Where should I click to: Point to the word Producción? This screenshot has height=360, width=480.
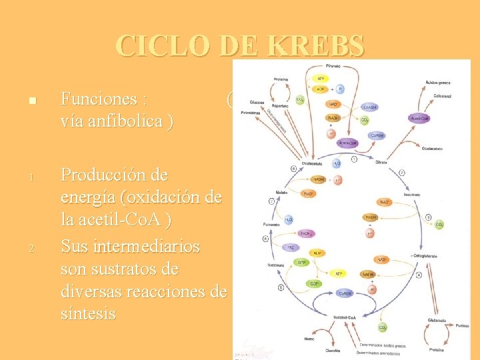pos(115,175)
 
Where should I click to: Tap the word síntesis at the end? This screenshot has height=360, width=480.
pos(88,313)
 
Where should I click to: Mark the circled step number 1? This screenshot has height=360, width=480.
pos(355,159)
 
